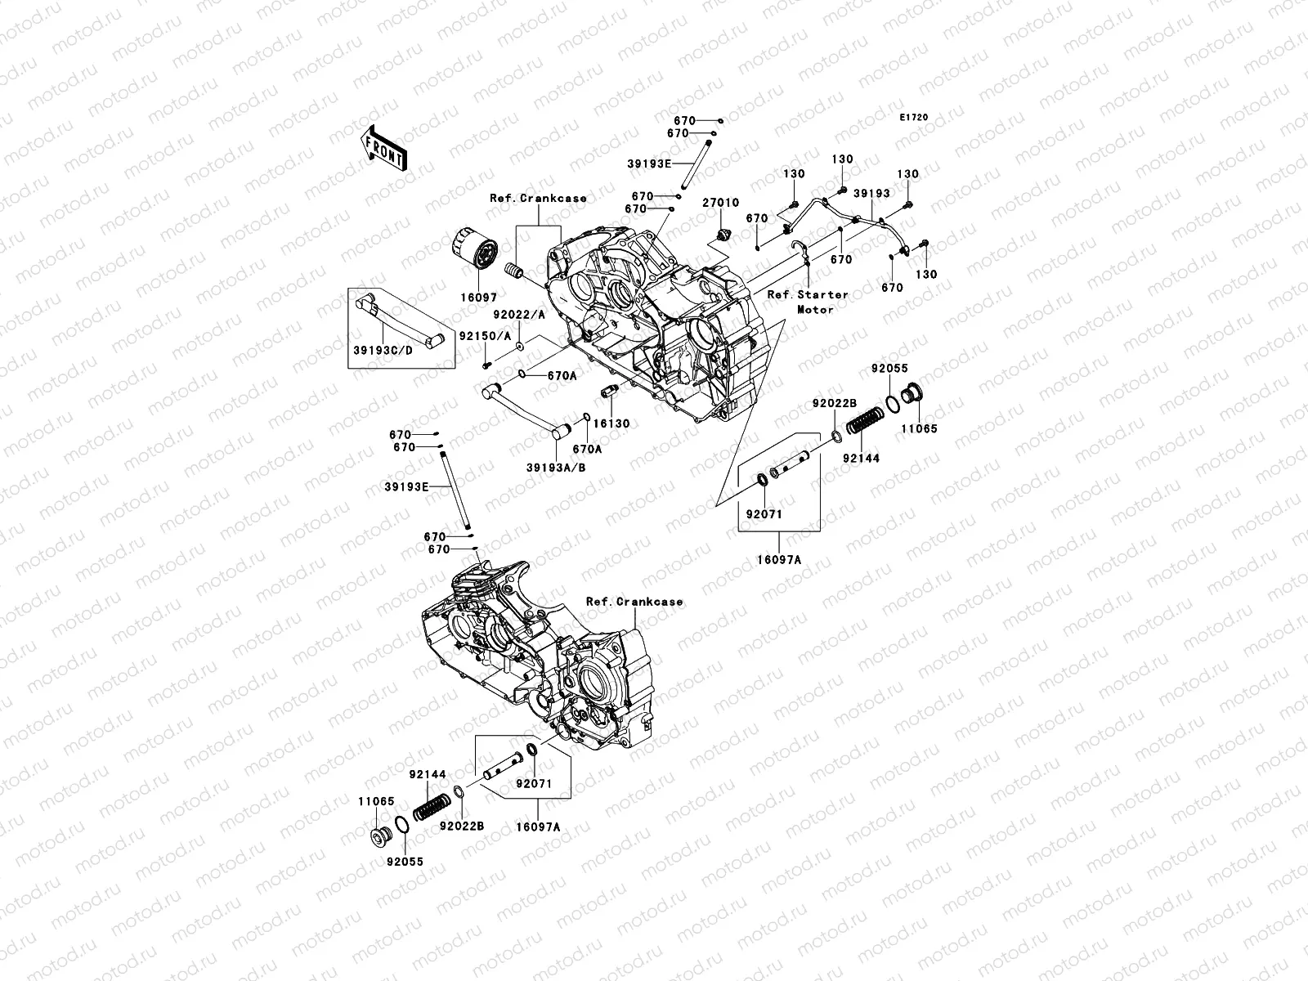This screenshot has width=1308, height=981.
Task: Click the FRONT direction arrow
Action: point(384,149)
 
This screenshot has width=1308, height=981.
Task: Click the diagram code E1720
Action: point(913,118)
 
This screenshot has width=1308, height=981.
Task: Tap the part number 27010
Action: point(720,203)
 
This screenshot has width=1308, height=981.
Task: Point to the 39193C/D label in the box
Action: point(383,350)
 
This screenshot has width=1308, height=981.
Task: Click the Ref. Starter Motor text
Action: point(808,302)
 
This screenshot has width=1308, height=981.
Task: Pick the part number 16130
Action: point(611,423)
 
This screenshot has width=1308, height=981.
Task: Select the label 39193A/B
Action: point(556,468)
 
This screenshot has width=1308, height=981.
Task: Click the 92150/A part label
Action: point(485,336)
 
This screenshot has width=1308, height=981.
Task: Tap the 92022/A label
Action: point(519,315)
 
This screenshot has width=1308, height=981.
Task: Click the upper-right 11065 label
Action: point(919,428)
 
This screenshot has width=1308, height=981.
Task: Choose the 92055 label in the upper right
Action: point(889,369)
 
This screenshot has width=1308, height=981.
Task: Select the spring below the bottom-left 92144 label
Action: point(432,807)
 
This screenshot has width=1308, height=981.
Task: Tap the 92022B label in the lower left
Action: point(462,826)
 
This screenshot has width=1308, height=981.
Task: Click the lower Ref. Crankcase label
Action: point(634,602)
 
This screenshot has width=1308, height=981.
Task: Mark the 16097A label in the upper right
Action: point(779,560)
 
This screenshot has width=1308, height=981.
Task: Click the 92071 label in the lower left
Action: point(534,784)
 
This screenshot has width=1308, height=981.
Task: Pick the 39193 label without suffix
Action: point(871,194)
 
